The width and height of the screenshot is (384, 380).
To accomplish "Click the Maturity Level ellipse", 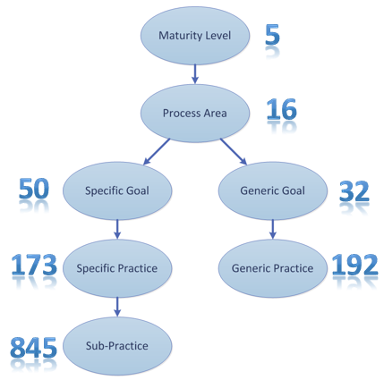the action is (195, 36).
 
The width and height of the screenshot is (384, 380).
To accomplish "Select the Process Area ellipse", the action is (195, 114).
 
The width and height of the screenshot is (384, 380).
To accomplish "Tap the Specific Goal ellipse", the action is (117, 190).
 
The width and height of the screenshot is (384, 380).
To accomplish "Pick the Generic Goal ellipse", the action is (273, 190).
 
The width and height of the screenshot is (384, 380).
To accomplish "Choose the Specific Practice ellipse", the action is (117, 268).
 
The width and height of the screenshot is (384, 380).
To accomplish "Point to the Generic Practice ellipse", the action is (273, 268).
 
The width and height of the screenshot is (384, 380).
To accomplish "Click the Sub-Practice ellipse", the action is (117, 346).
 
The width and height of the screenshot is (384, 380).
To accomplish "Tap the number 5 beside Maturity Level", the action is (272, 35).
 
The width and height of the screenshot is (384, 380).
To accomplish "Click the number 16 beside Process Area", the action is (282, 109).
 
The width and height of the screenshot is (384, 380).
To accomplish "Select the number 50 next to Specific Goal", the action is (34, 189).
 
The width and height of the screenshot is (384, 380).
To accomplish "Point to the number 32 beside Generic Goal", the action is (354, 191).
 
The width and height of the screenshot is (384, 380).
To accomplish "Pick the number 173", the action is (34, 265).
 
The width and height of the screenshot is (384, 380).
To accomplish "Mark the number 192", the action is (354, 265).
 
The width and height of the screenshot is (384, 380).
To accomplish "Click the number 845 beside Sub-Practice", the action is (33, 348).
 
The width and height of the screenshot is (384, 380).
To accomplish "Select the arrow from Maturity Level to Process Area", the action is (195, 74).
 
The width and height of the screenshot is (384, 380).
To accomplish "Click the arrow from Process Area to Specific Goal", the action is (157, 152).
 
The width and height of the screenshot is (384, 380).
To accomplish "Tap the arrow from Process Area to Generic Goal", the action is (234, 152).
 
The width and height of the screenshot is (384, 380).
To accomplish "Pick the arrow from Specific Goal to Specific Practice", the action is (117, 229).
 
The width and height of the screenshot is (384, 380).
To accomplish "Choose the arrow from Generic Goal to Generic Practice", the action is (273, 229).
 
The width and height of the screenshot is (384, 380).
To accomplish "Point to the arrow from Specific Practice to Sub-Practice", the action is (117, 307).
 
